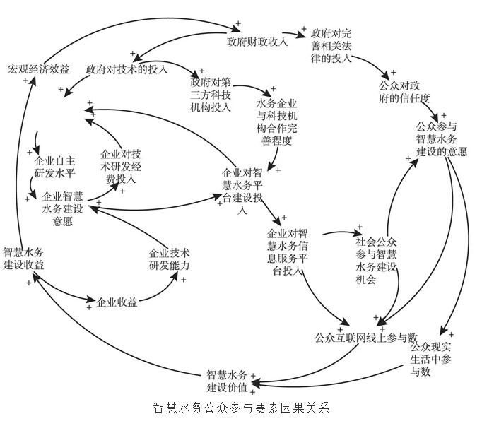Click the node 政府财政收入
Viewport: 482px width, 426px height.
point(257,41)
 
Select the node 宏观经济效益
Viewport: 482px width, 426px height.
point(39,70)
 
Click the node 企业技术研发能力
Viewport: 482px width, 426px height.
point(169,259)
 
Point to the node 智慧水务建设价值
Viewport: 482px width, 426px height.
point(227,381)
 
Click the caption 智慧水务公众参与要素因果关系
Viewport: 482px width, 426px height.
point(241,408)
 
